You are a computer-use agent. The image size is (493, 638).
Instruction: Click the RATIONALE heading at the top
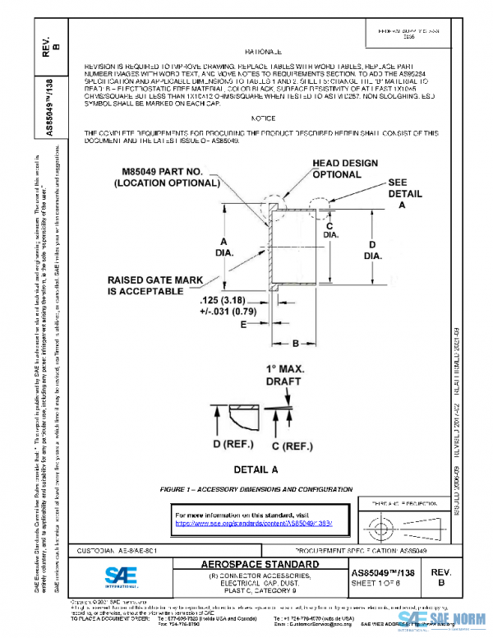[x=264, y=52]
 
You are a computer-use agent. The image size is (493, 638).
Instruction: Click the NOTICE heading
[x=263, y=118]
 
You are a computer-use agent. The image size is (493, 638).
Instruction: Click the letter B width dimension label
[x=295, y=342]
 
